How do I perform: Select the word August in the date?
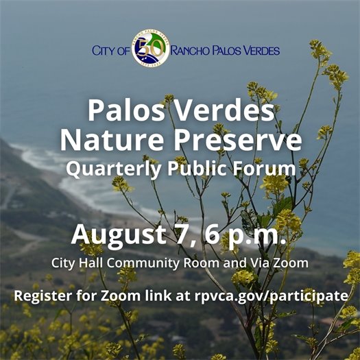[x=115, y=233]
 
